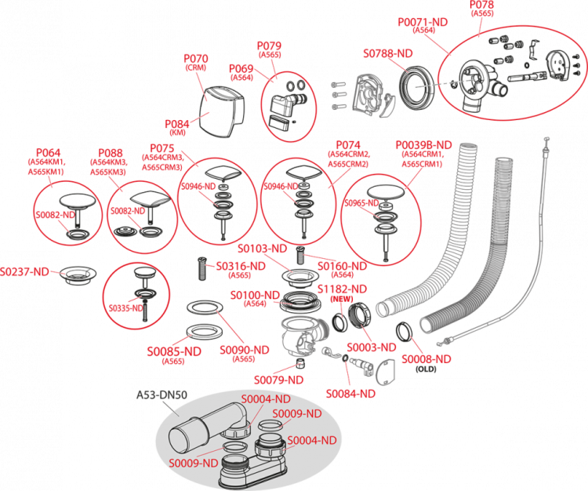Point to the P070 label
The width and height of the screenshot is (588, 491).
coord(195,59)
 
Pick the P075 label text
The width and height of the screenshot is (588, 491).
coord(162,147)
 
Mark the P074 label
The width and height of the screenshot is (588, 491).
coord(348,145)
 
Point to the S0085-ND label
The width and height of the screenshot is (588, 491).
coord(173,350)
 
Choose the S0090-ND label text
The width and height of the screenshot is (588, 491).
coord(244,349)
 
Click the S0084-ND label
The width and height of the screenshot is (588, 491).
coord(350,393)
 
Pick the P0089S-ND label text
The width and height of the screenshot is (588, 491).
coord(423,145)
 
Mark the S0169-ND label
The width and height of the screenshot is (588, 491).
coord(342,267)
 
